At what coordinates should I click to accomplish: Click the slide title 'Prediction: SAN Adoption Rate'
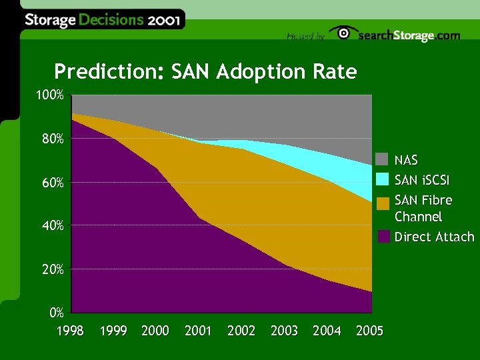(205, 71)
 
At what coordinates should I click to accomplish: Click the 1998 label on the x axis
(70, 331)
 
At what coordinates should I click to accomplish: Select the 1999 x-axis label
(113, 331)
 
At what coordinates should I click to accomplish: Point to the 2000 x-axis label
(155, 331)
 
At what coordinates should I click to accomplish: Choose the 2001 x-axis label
(198, 331)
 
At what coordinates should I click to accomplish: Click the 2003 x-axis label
(284, 331)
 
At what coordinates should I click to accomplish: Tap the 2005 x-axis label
(369, 331)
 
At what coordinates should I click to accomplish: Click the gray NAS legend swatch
(382, 159)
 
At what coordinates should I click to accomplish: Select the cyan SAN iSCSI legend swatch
(382, 179)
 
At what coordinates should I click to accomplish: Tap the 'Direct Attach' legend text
(434, 237)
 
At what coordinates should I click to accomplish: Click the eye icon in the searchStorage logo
(344, 33)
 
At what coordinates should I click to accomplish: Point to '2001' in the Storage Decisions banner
(163, 19)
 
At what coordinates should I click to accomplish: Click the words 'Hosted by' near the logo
(305, 37)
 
